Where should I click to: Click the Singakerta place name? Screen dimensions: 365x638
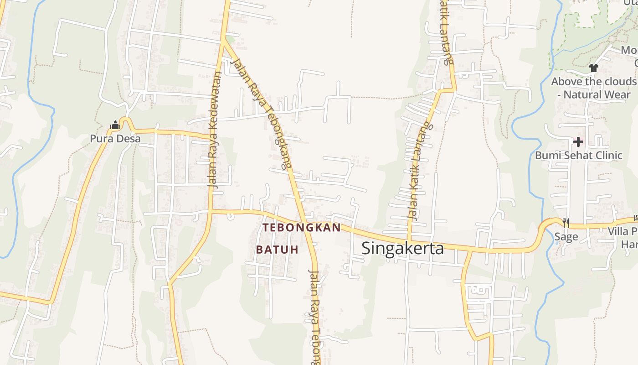tap(402, 248)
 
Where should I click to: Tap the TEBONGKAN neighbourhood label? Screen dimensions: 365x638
tap(302, 228)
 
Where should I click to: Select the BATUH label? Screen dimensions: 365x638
tap(277, 250)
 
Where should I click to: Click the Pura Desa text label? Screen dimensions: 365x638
tap(115, 138)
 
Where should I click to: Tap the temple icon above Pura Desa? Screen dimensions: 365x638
tap(115, 125)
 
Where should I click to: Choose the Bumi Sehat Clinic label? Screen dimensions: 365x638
tap(578, 155)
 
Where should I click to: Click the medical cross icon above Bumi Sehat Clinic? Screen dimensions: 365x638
tap(578, 141)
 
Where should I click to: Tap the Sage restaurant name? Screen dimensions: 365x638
tap(566, 236)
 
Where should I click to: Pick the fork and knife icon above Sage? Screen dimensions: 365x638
tap(566, 223)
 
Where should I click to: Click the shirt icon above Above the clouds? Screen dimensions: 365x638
tap(593, 68)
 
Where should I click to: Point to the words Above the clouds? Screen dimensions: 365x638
tap(593, 82)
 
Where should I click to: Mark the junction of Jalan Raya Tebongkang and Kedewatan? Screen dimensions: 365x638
tap(223, 40)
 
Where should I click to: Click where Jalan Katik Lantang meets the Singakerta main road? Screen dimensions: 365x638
tap(409, 241)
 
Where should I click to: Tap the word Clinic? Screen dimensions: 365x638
tap(606, 155)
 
